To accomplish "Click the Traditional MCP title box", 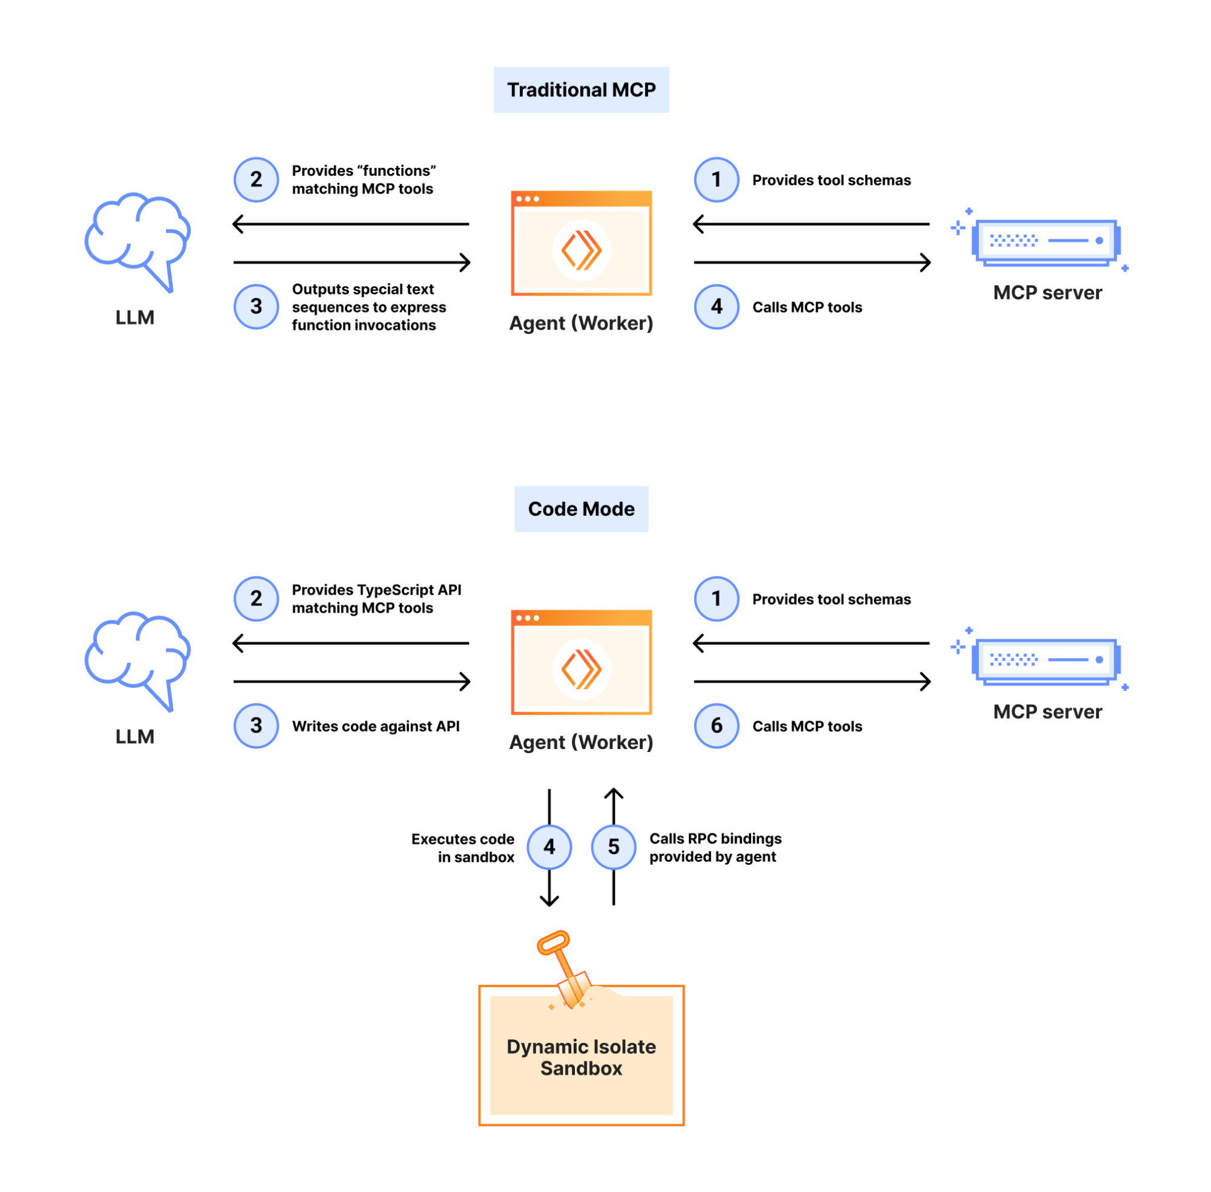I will tap(581, 90).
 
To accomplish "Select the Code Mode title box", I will tap(581, 508).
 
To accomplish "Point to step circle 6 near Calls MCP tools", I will tap(717, 725).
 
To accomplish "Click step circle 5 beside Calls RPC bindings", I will tap(613, 847).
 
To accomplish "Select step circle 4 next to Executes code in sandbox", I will tap(549, 847).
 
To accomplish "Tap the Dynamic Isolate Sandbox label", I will tap(581, 1057).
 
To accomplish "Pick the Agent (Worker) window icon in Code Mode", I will tap(581, 662).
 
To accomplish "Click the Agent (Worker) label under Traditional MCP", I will tap(581, 323).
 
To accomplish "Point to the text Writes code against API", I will tap(376, 726).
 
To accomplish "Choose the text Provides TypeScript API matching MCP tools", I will tap(376, 599).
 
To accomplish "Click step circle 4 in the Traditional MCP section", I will tap(717, 307).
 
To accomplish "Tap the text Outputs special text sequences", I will tap(368, 307).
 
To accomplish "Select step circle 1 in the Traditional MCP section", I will tap(717, 179).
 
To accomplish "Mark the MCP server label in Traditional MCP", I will tap(1047, 292).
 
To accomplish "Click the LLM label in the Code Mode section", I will tap(134, 736).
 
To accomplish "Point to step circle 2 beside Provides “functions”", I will tap(256, 179).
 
